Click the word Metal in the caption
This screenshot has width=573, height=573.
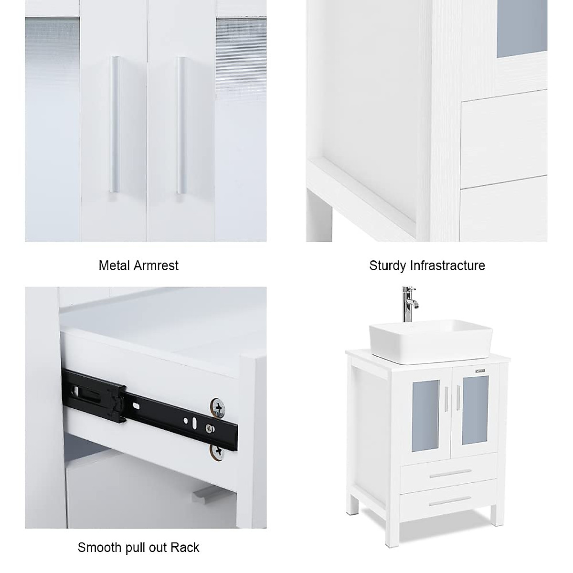(115, 265)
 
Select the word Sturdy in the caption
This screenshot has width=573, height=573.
(387, 265)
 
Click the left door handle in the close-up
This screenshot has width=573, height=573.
(114, 125)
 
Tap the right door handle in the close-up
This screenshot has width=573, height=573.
(181, 125)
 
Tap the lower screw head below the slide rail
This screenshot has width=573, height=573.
(218, 451)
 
